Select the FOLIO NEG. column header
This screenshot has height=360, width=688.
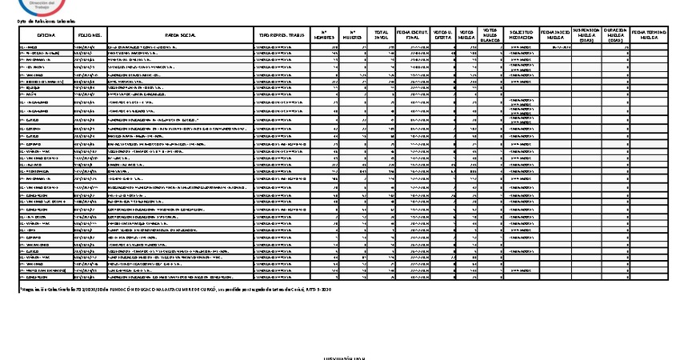pyautogui.click(x=90, y=35)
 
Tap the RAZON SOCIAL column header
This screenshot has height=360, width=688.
pyautogui.click(x=180, y=35)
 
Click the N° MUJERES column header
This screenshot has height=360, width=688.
pyautogui.click(x=353, y=35)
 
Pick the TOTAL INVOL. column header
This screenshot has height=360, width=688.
pyautogui.click(x=382, y=35)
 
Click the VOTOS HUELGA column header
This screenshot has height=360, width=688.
pyautogui.click(x=468, y=35)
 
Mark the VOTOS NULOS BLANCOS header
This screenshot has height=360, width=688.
pyautogui.click(x=492, y=35)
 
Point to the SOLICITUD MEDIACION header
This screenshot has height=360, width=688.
pyautogui.click(x=522, y=35)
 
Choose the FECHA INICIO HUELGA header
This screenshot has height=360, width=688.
pyautogui.click(x=557, y=35)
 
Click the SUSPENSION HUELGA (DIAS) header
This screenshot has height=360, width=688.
pyautogui.click(x=588, y=35)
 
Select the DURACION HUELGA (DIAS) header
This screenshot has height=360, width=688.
pyautogui.click(x=615, y=35)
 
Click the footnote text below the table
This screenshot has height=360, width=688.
pyautogui.click(x=175, y=288)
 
